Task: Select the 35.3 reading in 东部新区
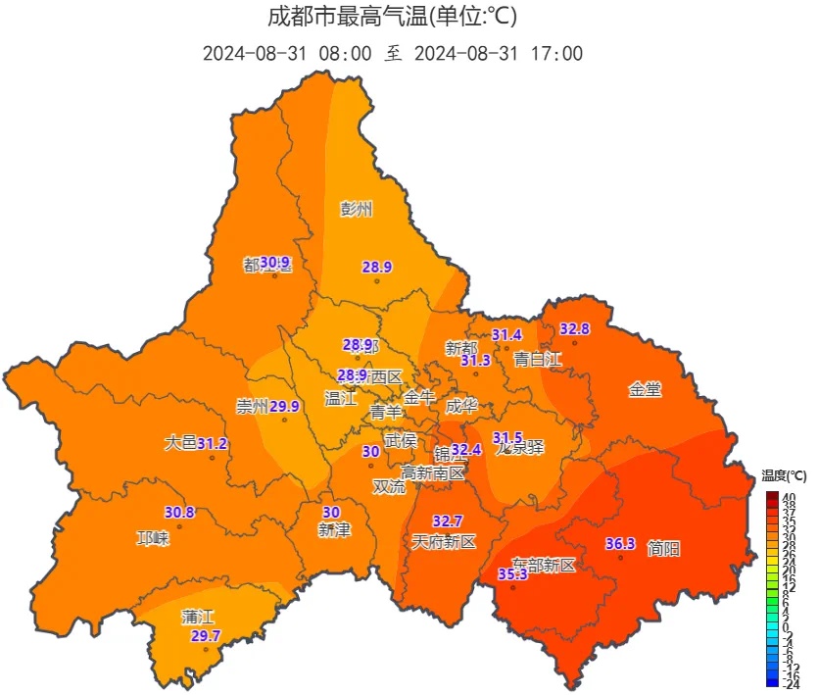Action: [x=513, y=574]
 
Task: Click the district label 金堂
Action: [x=645, y=390]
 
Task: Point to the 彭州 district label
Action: [x=357, y=209]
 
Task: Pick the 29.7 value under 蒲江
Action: [x=206, y=636]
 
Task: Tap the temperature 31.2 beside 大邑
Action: [x=213, y=444]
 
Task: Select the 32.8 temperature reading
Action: [x=575, y=329]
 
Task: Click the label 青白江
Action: [x=538, y=360]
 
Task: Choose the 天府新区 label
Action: [x=443, y=541]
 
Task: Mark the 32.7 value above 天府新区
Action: [x=448, y=521]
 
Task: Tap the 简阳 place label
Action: [x=663, y=549]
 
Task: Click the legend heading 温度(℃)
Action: [x=785, y=476]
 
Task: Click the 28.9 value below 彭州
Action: [x=377, y=267]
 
